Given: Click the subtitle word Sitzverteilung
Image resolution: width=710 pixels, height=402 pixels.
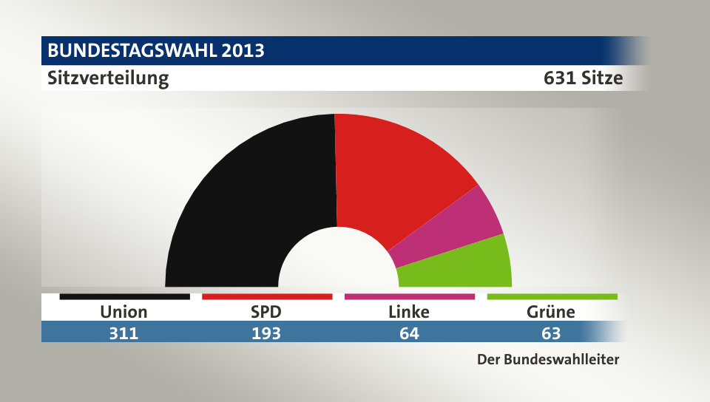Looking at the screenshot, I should click(108, 78).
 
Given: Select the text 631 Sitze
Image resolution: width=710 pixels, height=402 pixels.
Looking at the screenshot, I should click(583, 78).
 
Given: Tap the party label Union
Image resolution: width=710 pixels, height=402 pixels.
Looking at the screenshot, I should click(124, 312).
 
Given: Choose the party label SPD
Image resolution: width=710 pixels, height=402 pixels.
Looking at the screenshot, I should click(266, 312).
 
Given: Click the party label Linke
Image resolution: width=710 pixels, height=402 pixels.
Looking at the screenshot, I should click(409, 312).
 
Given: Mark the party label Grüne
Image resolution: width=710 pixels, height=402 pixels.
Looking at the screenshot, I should click(551, 312).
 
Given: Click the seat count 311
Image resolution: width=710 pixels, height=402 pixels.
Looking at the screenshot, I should click(124, 333).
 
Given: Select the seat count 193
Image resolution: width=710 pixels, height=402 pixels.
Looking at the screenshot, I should click(266, 333).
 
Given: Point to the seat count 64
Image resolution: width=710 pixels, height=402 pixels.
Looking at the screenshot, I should click(409, 333).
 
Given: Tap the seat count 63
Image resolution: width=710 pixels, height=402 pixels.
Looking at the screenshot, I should click(551, 333).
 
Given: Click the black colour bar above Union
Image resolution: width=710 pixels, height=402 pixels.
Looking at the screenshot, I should click(124, 296).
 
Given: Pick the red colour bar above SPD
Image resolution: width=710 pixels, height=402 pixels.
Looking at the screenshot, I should click(266, 296).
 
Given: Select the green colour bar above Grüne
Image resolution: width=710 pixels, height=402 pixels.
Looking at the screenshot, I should click(552, 296).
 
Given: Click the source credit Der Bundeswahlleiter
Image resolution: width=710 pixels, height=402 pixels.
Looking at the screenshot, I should click(548, 361).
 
